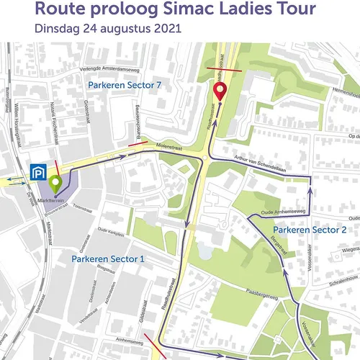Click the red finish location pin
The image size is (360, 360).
220,91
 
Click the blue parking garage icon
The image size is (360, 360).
37,174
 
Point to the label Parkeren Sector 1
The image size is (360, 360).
108,258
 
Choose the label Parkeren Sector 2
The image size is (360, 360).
310,230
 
